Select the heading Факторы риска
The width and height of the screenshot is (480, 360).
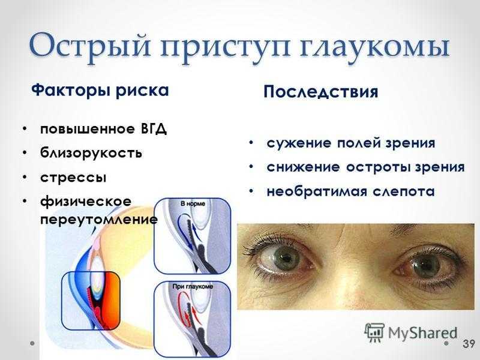point(100,91)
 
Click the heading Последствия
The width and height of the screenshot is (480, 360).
point(321,92)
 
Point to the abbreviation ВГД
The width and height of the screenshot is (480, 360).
point(154,129)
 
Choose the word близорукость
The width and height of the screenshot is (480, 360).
point(91,152)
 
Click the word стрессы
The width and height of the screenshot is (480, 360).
point(73,178)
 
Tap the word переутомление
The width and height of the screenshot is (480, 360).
point(99,220)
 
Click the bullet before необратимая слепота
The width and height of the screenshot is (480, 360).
point(251,191)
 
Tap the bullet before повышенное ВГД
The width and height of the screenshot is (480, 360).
point(25,129)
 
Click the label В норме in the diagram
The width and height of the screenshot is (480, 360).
point(193,203)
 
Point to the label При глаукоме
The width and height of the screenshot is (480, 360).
point(193,287)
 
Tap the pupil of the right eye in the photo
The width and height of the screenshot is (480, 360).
point(425,263)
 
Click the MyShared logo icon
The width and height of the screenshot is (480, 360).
point(374,332)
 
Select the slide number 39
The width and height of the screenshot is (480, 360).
point(469,343)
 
